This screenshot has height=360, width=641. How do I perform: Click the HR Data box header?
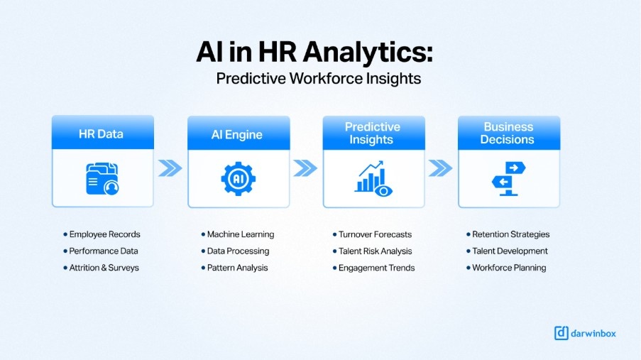point(102,133)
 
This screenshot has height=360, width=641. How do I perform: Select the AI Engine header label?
point(237,134)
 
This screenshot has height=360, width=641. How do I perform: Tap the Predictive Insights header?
point(373,133)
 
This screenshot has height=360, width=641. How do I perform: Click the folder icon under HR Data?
point(102,178)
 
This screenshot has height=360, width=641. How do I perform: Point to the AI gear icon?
point(238,178)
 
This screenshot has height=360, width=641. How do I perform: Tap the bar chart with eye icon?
point(373,178)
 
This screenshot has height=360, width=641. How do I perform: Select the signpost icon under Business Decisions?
point(508,178)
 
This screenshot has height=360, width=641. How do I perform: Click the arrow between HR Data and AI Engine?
point(170,168)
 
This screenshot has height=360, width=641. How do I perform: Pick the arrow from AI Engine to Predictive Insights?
point(305,168)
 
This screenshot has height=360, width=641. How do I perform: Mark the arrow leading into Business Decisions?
point(440,168)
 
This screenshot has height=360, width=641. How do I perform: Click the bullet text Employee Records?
point(104,234)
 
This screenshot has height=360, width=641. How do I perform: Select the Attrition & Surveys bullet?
point(104,268)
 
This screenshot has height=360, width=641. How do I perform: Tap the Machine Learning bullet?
point(240,234)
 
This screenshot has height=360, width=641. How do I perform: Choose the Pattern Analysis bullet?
point(237,268)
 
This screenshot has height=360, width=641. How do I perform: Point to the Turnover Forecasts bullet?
point(375,234)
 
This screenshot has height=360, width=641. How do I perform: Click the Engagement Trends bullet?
point(376,268)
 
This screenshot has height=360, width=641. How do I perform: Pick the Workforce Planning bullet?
point(509,268)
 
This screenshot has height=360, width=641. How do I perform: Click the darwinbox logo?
point(584,332)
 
